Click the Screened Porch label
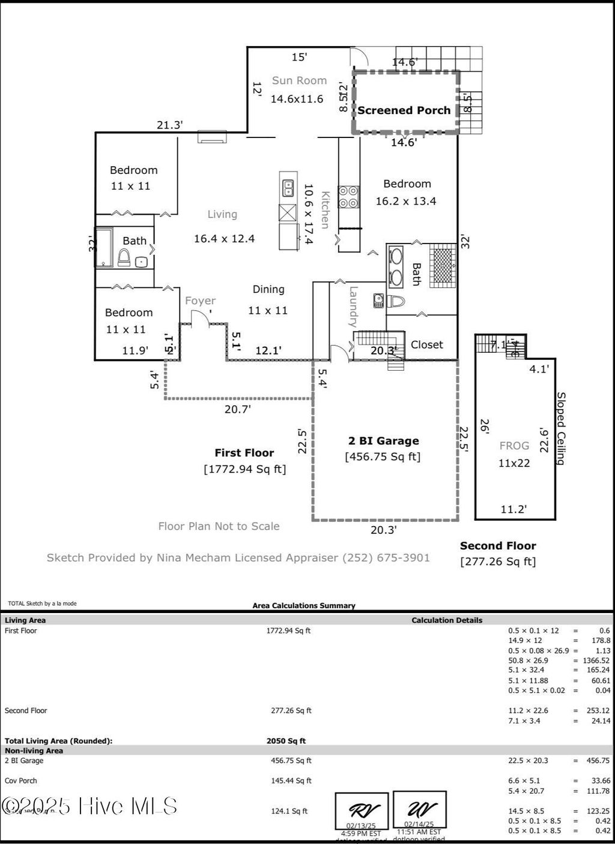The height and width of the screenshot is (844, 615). [404, 110]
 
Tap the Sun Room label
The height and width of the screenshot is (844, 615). [299, 80]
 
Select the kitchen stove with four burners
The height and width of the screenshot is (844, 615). [349, 197]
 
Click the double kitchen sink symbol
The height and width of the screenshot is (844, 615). [288, 189]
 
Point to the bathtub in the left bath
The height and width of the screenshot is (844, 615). [104, 247]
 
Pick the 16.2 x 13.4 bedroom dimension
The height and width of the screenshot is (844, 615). [406, 201]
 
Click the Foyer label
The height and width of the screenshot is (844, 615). [200, 301]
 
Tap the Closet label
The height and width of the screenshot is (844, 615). [427, 344]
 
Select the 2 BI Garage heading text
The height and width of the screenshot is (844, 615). [384, 441]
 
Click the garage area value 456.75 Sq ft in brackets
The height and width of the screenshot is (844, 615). [383, 457]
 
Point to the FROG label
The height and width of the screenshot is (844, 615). [514, 446]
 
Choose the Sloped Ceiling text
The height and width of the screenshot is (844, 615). [561, 428]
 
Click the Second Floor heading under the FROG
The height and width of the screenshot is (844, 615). [498, 546]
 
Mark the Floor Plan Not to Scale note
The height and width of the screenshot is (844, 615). [219, 526]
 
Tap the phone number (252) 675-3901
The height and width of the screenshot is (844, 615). [386, 558]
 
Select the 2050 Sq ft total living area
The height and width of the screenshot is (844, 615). [286, 741]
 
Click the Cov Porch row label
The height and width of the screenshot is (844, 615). [21, 780]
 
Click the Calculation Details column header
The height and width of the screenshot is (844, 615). [447, 620]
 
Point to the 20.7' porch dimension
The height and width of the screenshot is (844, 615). [237, 409]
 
